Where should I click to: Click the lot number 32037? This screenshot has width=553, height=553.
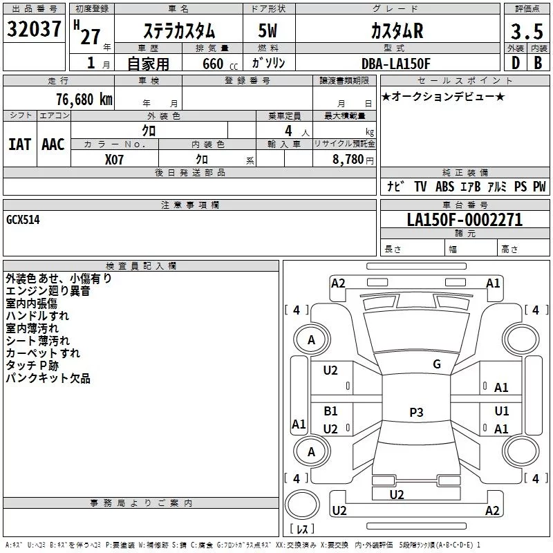pos(35,31)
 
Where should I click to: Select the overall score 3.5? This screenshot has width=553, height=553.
pos(526,32)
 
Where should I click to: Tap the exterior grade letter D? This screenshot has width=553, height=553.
pos(515,62)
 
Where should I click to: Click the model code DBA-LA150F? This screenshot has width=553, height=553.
pos(396,63)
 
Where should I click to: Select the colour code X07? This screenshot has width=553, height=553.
pos(115,158)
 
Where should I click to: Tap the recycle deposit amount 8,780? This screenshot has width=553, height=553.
pos(348,159)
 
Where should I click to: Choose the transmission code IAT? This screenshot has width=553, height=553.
pos(19,144)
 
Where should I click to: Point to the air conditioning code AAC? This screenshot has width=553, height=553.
pos(53,144)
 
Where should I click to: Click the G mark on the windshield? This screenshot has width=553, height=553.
pos(436,364)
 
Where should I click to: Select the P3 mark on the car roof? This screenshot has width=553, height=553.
pos(415,412)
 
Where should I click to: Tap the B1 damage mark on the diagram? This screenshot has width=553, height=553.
pos(331,411)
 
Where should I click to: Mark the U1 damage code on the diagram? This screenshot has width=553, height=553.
pos(502,411)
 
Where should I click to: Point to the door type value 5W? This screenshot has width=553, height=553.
pos(269,31)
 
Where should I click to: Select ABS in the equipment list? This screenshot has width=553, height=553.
pos(444,186)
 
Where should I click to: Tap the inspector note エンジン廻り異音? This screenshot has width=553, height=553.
pos(48,291)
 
